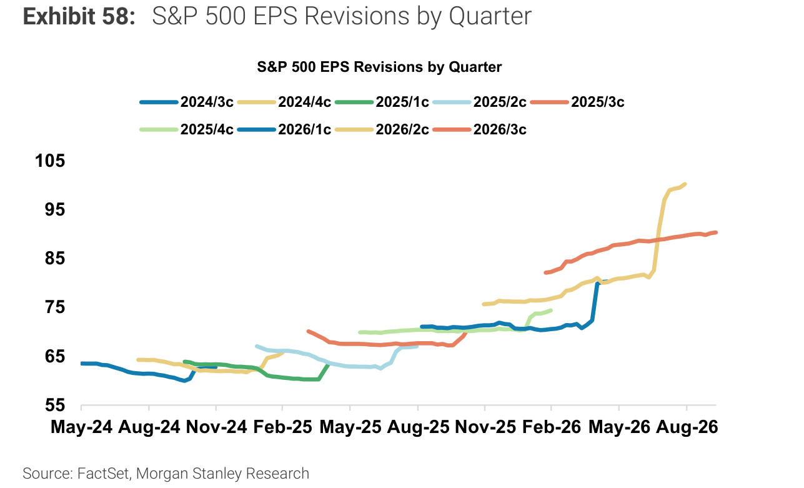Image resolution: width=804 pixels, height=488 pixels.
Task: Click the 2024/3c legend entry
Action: point(187,102)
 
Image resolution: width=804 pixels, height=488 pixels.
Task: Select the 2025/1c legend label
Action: point(402,102)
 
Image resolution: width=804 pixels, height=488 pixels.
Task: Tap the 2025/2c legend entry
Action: point(480,102)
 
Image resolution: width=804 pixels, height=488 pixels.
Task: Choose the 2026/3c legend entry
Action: point(480,129)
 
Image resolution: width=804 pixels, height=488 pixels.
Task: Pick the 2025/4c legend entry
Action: point(187,129)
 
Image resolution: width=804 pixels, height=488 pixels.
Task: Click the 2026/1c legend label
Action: point(305,129)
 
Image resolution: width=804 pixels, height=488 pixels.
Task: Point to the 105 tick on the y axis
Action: point(50,161)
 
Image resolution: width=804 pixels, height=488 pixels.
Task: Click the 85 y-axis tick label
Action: point(55,258)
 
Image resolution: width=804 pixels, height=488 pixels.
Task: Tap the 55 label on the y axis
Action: point(55,405)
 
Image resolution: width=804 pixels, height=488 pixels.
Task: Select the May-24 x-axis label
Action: point(81,427)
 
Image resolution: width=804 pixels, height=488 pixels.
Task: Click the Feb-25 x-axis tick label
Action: point(282,427)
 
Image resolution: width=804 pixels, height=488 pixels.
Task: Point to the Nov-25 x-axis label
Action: point(485,427)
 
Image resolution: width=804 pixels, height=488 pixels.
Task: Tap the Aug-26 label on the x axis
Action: point(687,427)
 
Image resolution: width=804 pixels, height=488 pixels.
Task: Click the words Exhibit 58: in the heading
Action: point(79,16)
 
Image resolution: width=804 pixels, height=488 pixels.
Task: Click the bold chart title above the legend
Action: point(379,67)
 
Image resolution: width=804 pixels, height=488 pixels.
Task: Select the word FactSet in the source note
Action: point(103,473)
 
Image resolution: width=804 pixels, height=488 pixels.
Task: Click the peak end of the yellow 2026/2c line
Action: point(685,184)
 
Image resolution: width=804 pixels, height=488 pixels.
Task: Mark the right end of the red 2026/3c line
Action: point(716,232)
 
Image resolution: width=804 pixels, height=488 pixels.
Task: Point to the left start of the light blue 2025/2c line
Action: point(257,347)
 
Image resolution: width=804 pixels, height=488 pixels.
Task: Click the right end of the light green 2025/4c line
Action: point(551,311)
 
